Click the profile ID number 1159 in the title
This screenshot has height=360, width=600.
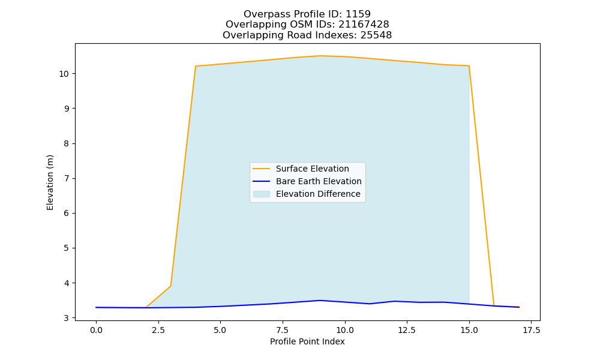coord(358,14)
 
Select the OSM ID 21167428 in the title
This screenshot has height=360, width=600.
coord(364,25)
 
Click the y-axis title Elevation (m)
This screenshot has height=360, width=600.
coord(50,182)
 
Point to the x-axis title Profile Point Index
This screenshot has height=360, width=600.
coord(307,341)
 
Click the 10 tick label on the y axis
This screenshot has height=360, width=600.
coord(64,74)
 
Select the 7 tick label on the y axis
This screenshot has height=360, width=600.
coord(67,179)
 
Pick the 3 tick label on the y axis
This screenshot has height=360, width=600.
coord(67,318)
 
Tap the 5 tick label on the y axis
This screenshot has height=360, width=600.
coord(67,248)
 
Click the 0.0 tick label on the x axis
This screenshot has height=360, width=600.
coord(96,330)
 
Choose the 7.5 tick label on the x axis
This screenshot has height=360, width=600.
coord(283,330)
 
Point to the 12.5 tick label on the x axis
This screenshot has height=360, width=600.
coord(407,330)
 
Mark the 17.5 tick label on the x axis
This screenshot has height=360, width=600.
coord(531,330)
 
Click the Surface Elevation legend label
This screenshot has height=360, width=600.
coord(312,169)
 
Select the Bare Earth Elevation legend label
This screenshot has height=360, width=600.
coord(319,181)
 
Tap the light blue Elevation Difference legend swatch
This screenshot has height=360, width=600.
coord(262,194)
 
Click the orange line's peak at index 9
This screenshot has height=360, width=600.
coord(320,56)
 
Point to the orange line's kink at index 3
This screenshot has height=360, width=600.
coord(170,286)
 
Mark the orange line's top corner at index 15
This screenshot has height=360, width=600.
coord(469,66)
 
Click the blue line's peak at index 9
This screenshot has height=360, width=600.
coord(320,301)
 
